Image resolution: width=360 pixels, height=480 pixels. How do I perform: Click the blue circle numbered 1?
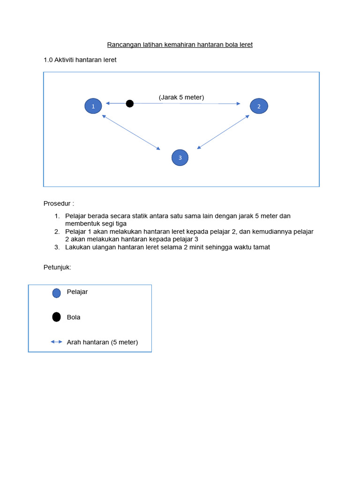pos(93,106)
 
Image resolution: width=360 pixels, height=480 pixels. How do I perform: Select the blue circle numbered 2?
pos(259,106)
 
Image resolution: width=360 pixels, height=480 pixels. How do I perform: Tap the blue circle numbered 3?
pos(180,157)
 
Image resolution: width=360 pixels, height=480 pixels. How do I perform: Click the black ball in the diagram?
pos(130,103)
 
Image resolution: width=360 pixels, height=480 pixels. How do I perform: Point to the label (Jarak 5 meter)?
pos(181,97)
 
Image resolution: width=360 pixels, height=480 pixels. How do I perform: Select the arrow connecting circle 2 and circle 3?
pos(223,132)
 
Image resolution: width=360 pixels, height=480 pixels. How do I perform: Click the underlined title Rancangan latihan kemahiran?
pos(180,45)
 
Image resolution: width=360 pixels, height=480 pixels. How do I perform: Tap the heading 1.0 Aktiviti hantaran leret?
pos(80,60)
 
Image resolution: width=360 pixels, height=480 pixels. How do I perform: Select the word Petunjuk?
pos(57,267)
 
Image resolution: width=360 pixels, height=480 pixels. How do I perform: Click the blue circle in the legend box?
pos(57,293)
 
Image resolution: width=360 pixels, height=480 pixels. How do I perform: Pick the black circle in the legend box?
pos(57,317)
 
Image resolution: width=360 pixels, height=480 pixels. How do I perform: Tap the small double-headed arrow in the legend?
pos(56,342)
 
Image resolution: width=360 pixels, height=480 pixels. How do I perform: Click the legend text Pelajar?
pos(77,292)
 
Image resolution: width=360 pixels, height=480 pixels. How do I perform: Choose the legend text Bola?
pos(74,317)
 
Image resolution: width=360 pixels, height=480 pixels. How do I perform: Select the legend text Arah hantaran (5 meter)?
pos(102,342)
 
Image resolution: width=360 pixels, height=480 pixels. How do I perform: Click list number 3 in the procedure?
pos(57,247)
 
